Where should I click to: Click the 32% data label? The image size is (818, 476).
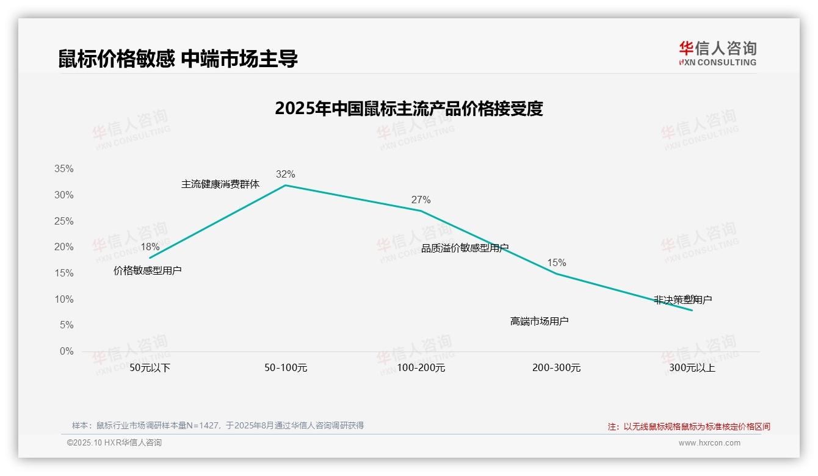(285, 174)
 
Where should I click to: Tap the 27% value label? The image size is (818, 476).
(421, 200)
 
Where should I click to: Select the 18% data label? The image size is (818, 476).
(150, 247)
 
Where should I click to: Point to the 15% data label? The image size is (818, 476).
(556, 262)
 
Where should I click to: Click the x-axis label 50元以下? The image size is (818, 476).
(150, 368)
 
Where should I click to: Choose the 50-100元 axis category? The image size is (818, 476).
(285, 368)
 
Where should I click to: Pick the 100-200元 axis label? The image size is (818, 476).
(421, 368)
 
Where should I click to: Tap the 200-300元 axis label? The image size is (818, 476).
(556, 368)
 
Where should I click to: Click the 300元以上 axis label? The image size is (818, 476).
(692, 368)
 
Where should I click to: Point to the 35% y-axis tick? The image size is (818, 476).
(63, 168)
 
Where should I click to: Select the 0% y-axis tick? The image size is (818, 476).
(67, 352)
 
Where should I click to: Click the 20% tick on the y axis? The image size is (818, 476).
(63, 247)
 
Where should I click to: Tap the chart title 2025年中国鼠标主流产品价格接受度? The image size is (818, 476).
(408, 109)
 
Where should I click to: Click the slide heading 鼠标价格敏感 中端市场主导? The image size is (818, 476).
(178, 59)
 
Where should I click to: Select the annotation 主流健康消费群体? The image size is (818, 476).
(220, 184)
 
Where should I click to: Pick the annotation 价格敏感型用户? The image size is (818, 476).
(148, 270)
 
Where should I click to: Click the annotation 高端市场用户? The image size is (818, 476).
(539, 321)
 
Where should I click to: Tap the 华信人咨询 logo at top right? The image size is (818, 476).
(717, 53)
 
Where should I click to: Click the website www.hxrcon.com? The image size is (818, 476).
(709, 443)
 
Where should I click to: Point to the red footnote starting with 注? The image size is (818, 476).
(689, 427)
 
